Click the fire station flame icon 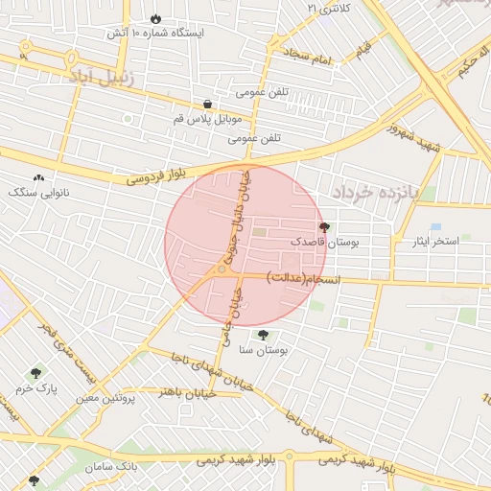[155, 18]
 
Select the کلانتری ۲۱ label [330, 8]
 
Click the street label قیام [363, 48]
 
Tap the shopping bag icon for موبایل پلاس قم [208, 104]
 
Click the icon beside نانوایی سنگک [38, 177]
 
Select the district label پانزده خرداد [378, 192]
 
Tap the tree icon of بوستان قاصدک [322, 228]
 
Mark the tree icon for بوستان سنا [263, 335]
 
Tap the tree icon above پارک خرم [37, 372]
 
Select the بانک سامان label [113, 467]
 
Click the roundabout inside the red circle [222, 270]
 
